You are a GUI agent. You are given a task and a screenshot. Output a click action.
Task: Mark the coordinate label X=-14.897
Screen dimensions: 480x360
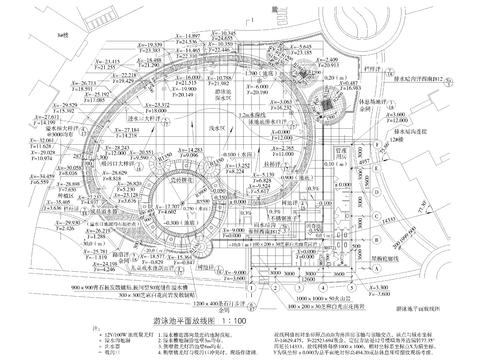pos(187,35)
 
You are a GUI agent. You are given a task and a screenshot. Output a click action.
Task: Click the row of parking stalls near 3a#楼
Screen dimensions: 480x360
pos(70,55)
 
